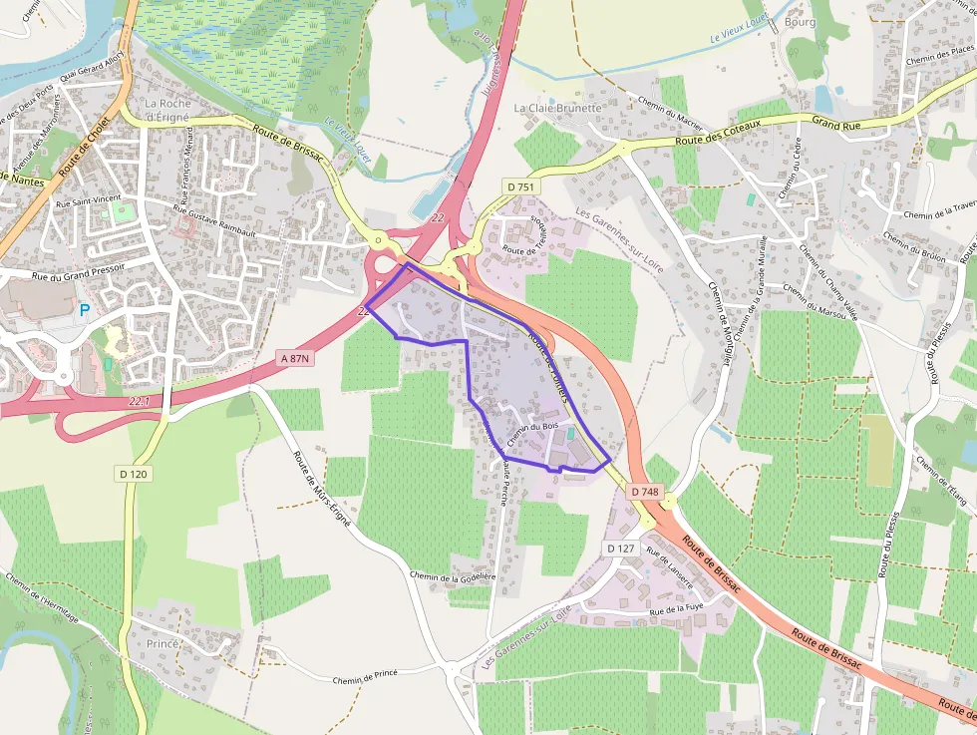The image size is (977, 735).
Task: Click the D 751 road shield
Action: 520,186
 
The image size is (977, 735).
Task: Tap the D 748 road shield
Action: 645,492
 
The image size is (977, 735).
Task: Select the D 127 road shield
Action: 620,549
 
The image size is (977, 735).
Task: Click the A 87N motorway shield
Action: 295,357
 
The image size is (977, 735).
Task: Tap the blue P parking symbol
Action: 85,311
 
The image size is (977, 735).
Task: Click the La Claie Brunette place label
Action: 558,108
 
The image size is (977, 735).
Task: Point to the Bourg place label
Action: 800,21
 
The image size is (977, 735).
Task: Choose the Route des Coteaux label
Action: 718,133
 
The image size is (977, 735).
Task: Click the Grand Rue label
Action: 835,123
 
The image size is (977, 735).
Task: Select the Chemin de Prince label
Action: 365,675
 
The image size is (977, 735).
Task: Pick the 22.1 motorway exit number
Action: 139,400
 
